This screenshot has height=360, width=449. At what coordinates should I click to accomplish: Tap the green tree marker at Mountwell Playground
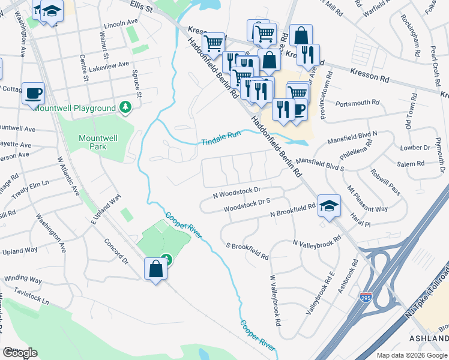(x=125, y=107)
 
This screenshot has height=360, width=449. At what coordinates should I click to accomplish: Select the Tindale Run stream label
(x=220, y=138)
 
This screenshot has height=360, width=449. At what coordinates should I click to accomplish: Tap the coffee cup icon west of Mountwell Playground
(x=33, y=94)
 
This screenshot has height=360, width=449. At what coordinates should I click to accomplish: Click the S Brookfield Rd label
(x=247, y=251)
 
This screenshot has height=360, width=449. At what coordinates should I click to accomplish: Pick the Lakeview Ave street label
(x=109, y=66)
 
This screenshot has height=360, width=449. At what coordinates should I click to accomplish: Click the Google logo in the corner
(x=20, y=353)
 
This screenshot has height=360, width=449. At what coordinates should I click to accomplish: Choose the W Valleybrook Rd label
(x=276, y=301)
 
